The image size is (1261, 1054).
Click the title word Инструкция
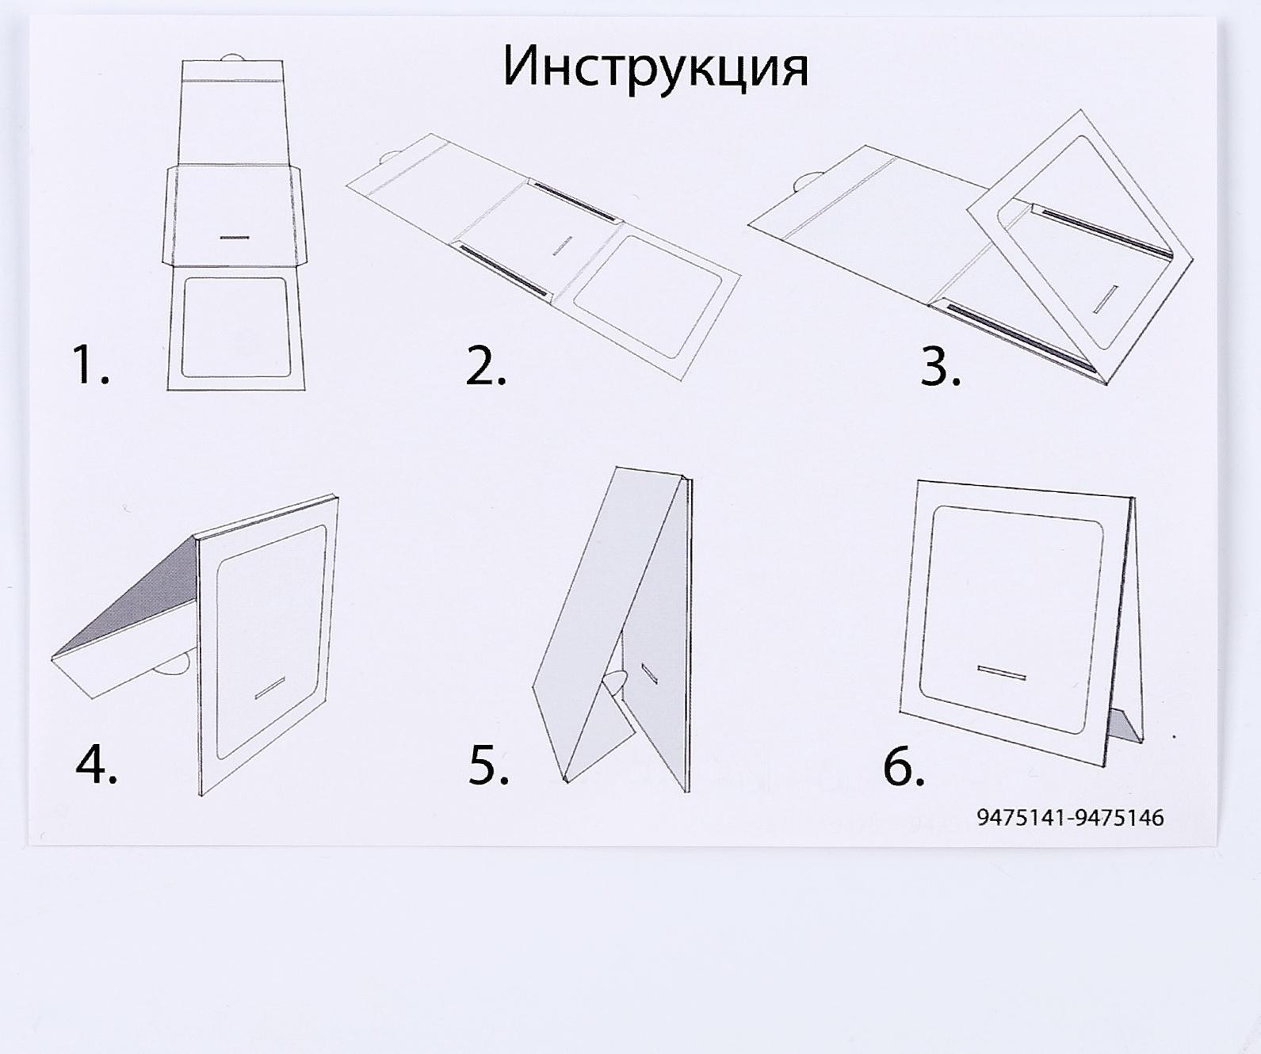[x=655, y=67]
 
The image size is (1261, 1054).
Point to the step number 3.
[x=940, y=365]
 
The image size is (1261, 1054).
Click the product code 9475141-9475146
[x=1070, y=818]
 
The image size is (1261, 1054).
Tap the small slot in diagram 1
[x=235, y=236]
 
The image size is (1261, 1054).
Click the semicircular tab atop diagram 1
[x=232, y=57]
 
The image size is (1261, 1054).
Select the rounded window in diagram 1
[x=234, y=327]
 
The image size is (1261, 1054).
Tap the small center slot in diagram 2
[x=562, y=245]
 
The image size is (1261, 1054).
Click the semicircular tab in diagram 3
[x=806, y=181]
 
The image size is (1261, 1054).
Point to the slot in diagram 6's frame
[x=1002, y=673]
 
